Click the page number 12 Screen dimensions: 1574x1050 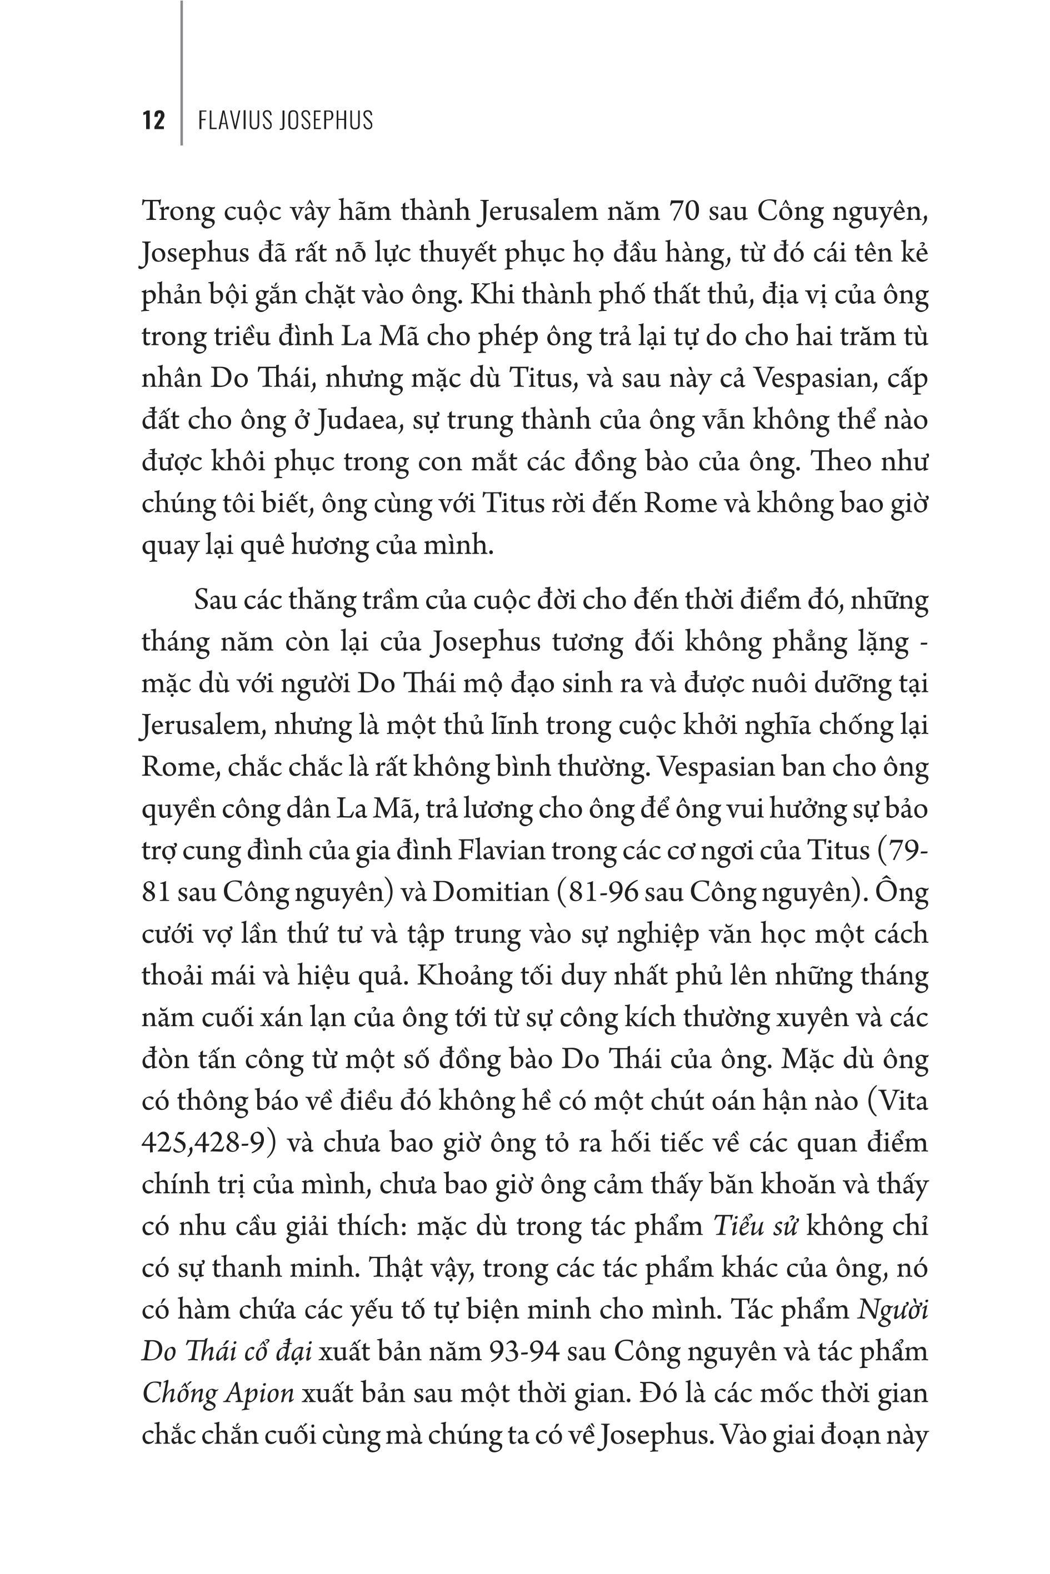(153, 120)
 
